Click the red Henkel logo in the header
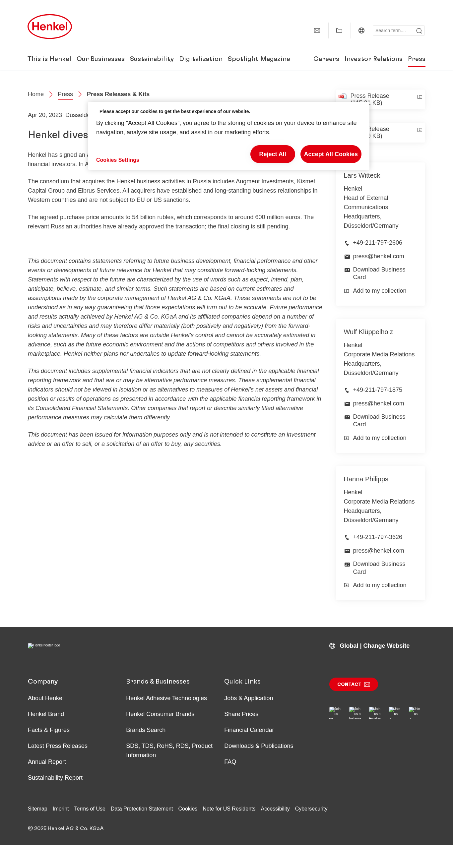click(x=50, y=27)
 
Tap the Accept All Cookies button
click(x=331, y=154)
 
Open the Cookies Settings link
click(x=117, y=160)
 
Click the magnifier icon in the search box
click(x=419, y=31)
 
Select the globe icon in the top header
click(x=361, y=30)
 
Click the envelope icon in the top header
click(x=317, y=30)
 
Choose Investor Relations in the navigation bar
click(x=373, y=59)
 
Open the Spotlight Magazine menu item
click(x=259, y=59)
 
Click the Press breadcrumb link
click(x=65, y=94)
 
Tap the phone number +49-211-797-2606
click(x=377, y=243)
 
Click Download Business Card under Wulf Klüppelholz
click(x=379, y=420)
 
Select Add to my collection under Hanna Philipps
click(x=379, y=585)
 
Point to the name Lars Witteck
click(x=362, y=175)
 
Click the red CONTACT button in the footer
click(x=353, y=684)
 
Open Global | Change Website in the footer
click(x=374, y=646)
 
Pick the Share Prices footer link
click(x=241, y=714)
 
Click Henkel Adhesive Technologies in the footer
click(x=166, y=698)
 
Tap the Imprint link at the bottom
click(x=61, y=809)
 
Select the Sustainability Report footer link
click(x=55, y=778)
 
